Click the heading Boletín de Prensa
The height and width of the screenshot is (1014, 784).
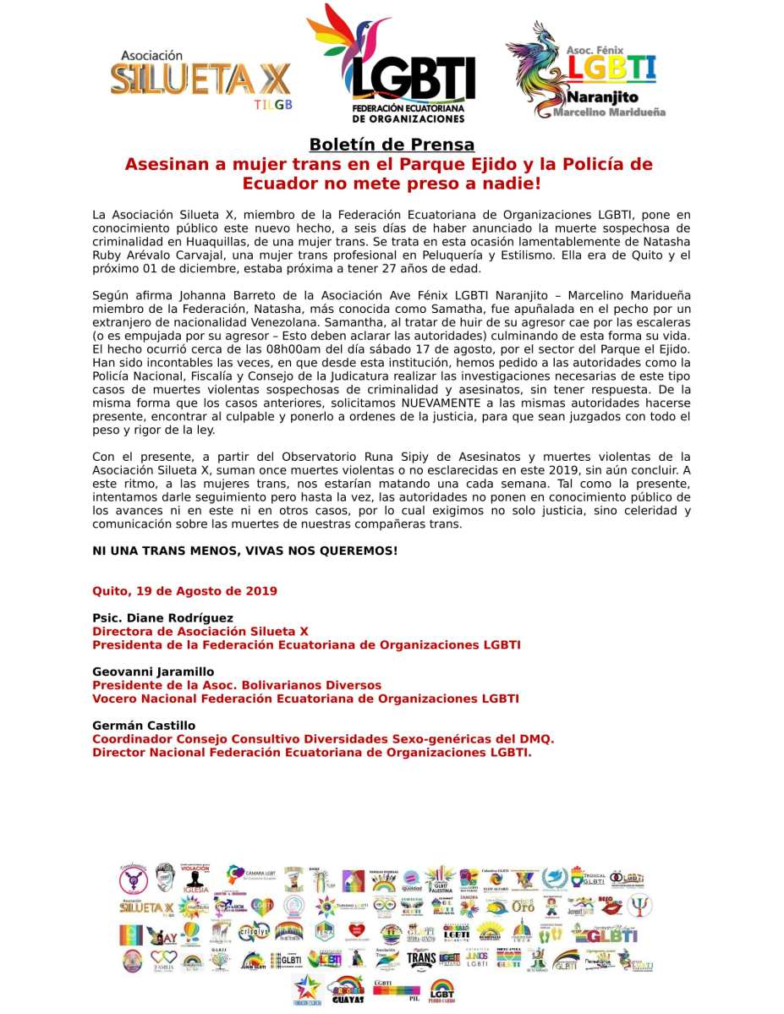click(392, 145)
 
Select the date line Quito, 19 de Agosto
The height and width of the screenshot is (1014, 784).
click(184, 590)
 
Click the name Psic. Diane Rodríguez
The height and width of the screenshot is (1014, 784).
click(162, 618)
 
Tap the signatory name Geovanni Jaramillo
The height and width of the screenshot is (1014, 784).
click(153, 672)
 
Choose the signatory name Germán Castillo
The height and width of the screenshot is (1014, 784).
click(144, 726)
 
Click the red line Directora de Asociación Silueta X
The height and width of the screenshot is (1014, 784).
click(200, 631)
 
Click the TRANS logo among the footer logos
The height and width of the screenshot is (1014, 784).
click(421, 958)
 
